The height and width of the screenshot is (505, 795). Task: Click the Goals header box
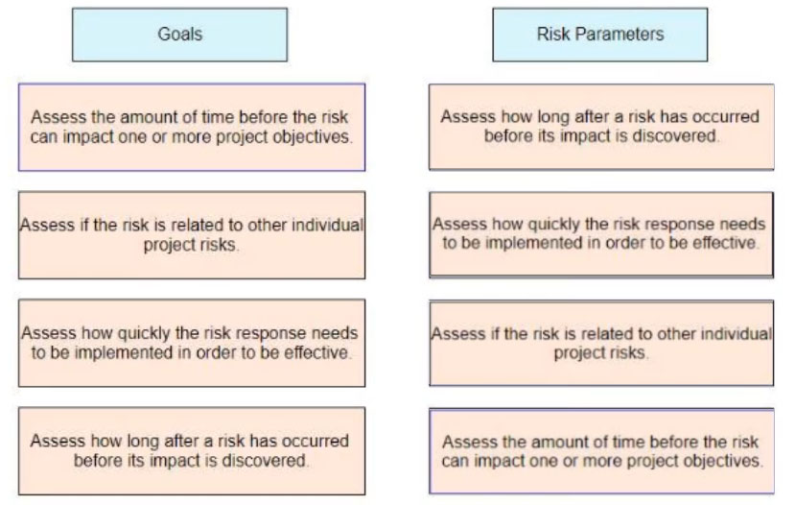coord(179,35)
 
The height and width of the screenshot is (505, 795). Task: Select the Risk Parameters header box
coord(600,35)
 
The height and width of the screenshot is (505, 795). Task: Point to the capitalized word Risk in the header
coord(554,34)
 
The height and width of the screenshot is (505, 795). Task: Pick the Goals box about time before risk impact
coord(192,128)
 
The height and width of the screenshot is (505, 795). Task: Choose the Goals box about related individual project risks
coord(192,235)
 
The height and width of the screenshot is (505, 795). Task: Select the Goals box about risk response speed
coord(192,343)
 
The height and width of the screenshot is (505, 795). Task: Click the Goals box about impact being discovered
coord(192,451)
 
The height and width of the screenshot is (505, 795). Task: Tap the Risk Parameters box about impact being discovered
coord(601,127)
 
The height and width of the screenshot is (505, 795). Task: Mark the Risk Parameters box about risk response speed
coord(601,234)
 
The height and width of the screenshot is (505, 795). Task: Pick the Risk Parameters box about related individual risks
coord(601,343)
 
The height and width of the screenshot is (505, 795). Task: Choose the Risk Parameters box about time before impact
coord(601,451)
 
